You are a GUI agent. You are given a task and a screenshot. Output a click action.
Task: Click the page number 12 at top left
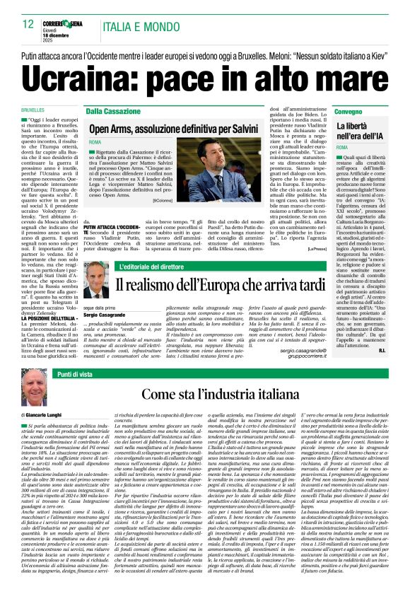pos(27,24)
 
